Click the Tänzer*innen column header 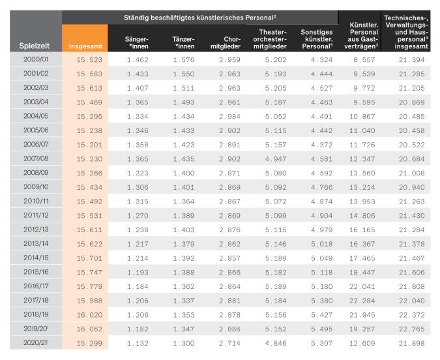(x=183, y=42)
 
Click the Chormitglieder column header (x=226, y=42)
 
